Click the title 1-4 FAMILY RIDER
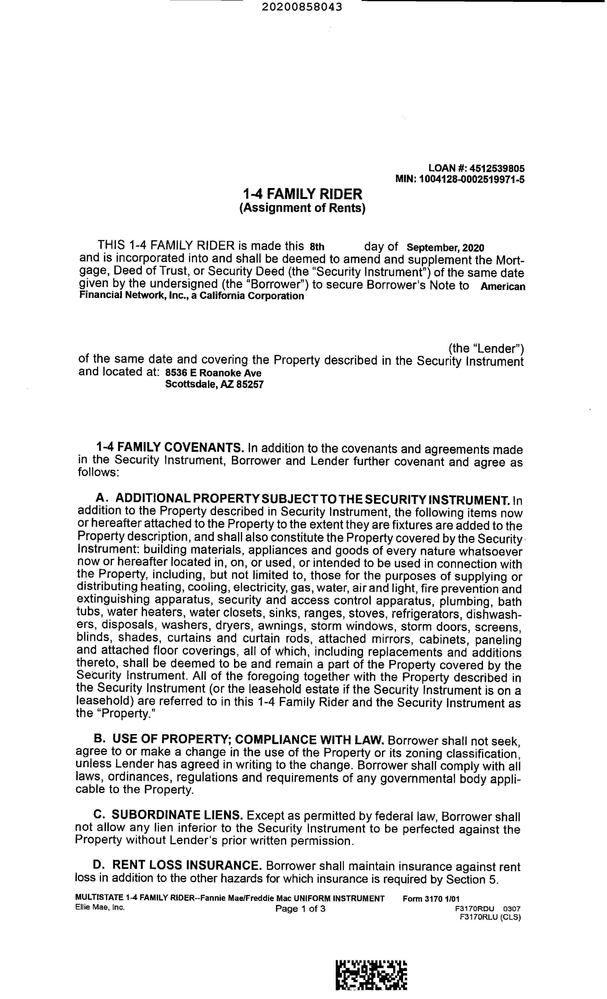tap(302, 194)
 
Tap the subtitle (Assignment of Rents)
tap(302, 208)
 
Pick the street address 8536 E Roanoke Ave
tap(213, 373)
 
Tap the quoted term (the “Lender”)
tap(486, 348)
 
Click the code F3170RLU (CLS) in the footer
tap(490, 917)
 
